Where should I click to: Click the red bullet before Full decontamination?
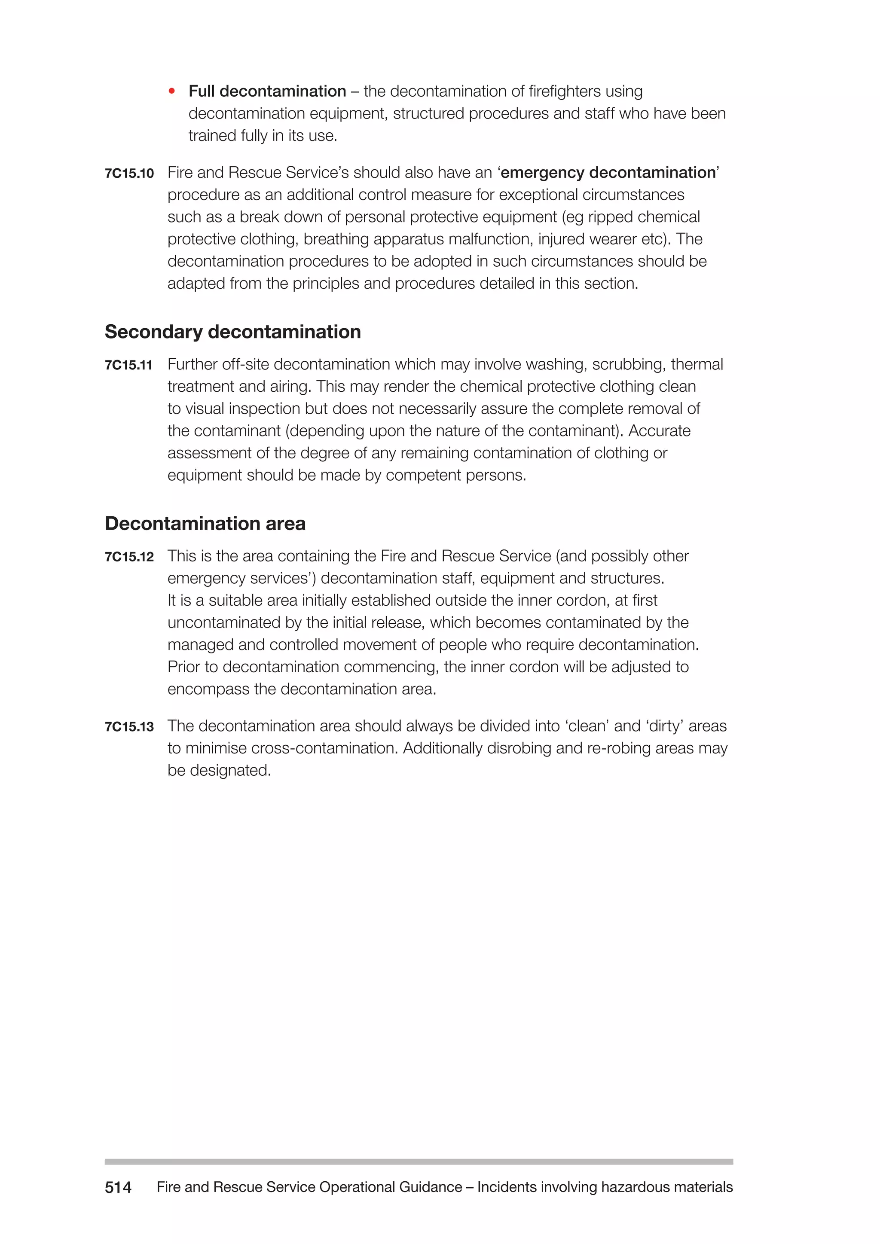tap(172, 91)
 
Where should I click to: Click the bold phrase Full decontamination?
tap(267, 91)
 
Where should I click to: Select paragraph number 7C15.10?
tap(129, 174)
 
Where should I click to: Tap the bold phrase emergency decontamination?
tap(608, 173)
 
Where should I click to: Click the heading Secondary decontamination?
tap(232, 332)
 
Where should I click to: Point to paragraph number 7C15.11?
tap(128, 366)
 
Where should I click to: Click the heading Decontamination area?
tap(205, 523)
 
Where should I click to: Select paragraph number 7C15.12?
tap(129, 558)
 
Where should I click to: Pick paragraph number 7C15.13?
tap(129, 727)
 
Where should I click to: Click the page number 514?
tap(118, 1187)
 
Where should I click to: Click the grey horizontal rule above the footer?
tap(419, 1161)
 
